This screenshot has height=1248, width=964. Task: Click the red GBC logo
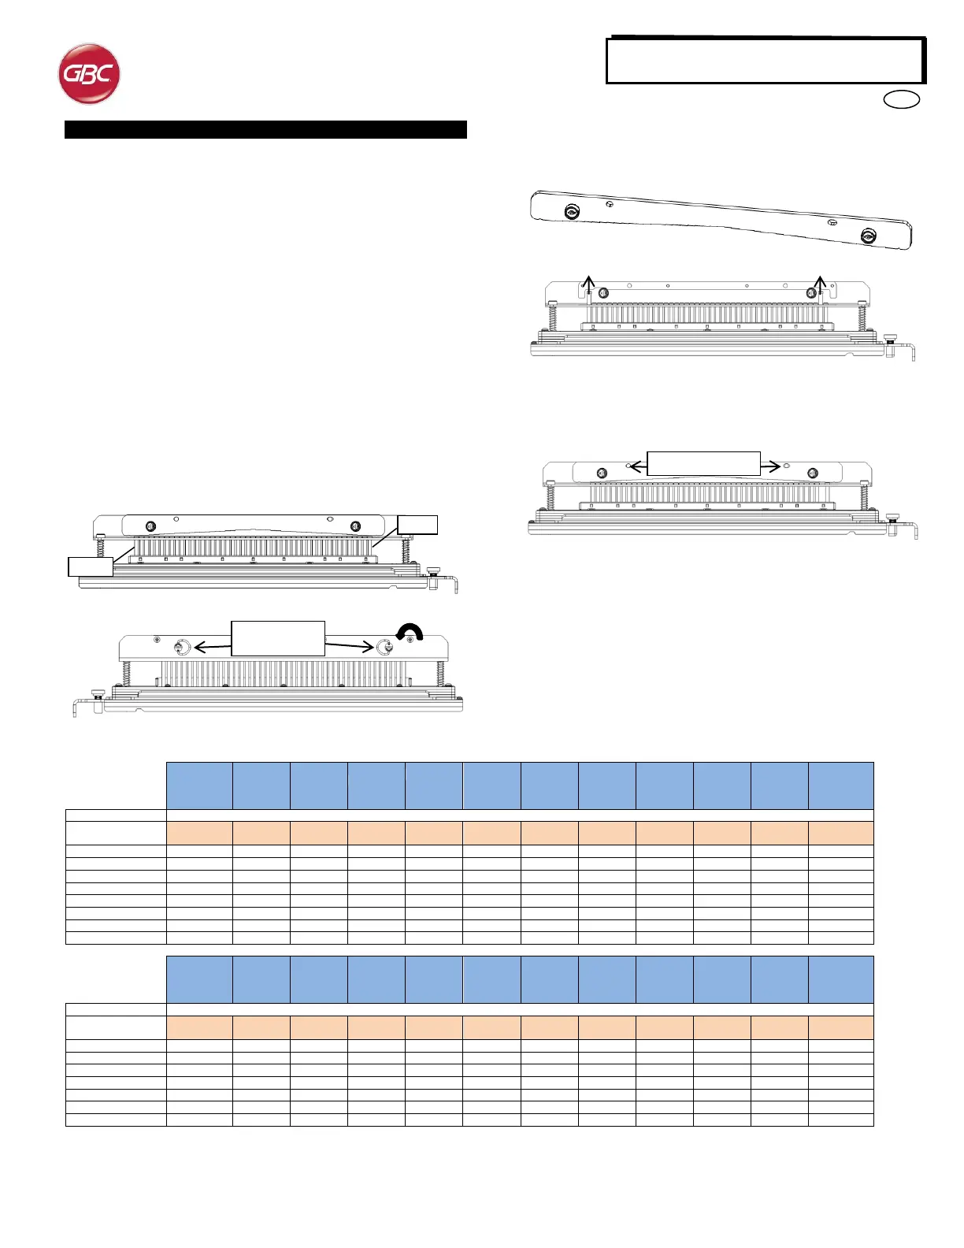pyautogui.click(x=89, y=73)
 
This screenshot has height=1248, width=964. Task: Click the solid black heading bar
pyautogui.click(x=265, y=130)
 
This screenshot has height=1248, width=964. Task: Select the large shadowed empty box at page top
pyautogui.click(x=765, y=61)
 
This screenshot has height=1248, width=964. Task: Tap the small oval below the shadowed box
pyautogui.click(x=902, y=100)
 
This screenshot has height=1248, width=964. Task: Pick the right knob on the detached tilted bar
pyautogui.click(x=868, y=236)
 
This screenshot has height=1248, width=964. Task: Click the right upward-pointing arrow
pyautogui.click(x=820, y=284)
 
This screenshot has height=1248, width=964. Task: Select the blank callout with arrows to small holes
pyautogui.click(x=703, y=463)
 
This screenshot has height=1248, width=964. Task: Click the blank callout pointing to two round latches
pyautogui.click(x=277, y=638)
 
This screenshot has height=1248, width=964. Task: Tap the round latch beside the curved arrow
pyautogui.click(x=385, y=647)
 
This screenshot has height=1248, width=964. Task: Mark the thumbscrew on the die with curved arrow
pyautogui.click(x=98, y=693)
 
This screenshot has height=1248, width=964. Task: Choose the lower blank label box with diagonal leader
pyautogui.click(x=90, y=566)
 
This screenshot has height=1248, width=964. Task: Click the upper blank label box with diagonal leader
pyautogui.click(x=417, y=525)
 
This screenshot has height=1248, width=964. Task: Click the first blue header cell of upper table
pyautogui.click(x=199, y=785)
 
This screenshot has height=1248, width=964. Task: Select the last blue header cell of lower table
pyautogui.click(x=840, y=979)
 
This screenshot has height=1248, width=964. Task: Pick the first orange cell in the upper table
pyautogui.click(x=199, y=833)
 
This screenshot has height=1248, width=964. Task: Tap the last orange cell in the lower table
pyautogui.click(x=840, y=1027)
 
